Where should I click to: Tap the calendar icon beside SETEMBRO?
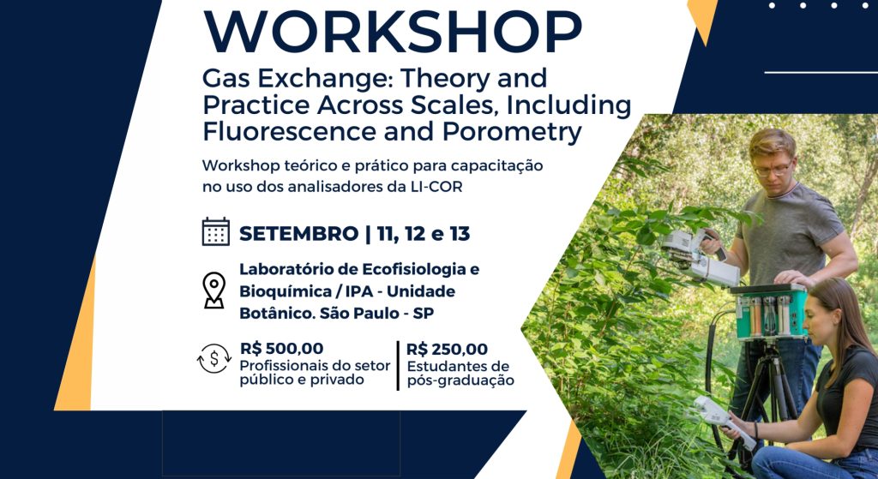[x=215, y=231]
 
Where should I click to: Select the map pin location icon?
[x=213, y=290]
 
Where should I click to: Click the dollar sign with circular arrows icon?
[x=213, y=359]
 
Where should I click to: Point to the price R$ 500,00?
[x=281, y=349]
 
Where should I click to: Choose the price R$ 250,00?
[x=447, y=349]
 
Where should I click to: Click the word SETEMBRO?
[x=299, y=233]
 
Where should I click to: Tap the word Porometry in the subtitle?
[x=512, y=132]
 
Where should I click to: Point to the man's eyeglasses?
[x=773, y=169]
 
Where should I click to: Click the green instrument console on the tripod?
[x=769, y=312]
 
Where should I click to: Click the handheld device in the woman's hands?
[x=723, y=420]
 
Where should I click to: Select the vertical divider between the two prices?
[x=398, y=365]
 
